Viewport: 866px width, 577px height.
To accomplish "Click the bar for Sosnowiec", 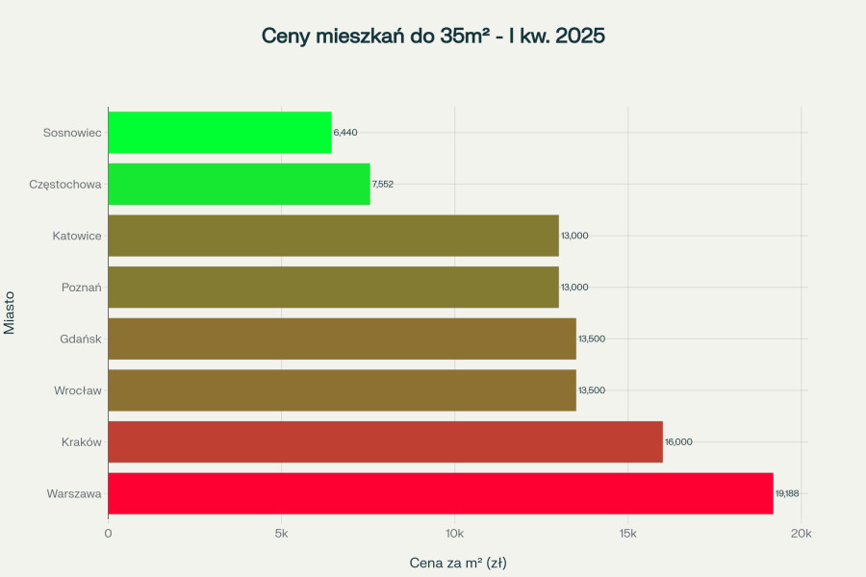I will [x=219, y=132].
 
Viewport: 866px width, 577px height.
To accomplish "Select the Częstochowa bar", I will [x=239, y=184].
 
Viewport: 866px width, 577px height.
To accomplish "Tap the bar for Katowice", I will [x=333, y=236].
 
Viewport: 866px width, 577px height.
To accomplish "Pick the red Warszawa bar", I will [x=440, y=493].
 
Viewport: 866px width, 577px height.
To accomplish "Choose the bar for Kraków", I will [x=385, y=441].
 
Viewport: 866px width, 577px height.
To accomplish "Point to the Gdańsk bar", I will [x=342, y=339].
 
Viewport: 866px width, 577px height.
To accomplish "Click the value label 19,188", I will [x=787, y=493].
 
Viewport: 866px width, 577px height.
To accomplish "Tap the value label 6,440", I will [x=345, y=132].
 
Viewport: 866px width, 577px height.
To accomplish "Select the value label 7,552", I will [x=383, y=184].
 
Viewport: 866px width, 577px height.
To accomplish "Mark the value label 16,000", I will [x=678, y=441].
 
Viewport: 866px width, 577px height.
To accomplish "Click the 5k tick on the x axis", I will [x=281, y=533].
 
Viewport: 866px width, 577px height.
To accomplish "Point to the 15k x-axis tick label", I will [x=627, y=533].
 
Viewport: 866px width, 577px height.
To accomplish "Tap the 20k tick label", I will [x=801, y=533].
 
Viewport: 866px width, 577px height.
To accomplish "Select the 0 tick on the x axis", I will [x=108, y=533].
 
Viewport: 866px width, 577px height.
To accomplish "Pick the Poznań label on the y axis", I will [x=81, y=287].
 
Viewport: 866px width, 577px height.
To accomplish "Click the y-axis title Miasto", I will [x=10, y=313].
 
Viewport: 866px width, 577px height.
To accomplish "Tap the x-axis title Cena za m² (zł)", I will [x=458, y=562].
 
